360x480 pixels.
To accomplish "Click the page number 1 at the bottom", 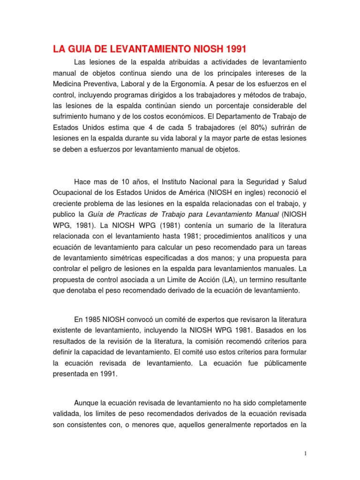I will (x=305, y=453).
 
